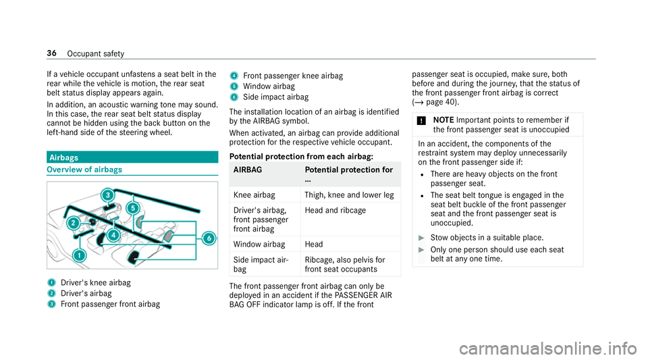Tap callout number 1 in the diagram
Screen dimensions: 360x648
point(80,255)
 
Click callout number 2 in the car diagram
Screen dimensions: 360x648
point(72,223)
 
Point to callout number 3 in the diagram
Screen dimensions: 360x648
point(107,196)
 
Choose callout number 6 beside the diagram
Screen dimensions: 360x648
point(209,238)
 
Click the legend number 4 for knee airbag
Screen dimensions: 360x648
point(233,76)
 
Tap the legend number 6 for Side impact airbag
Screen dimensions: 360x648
point(233,97)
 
